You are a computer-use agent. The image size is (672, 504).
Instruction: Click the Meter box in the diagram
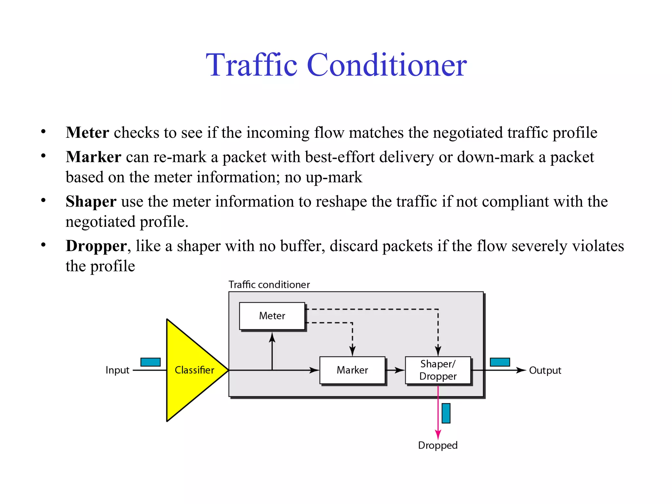pyautogui.click(x=272, y=316)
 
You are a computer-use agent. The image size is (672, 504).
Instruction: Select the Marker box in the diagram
pyautogui.click(x=352, y=370)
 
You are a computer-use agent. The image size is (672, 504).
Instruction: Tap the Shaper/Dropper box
pyautogui.click(x=438, y=370)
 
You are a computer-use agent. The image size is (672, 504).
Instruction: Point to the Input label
pyautogui.click(x=117, y=370)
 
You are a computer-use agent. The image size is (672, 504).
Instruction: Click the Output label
pyautogui.click(x=545, y=370)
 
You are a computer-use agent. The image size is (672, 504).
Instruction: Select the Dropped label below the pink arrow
pyautogui.click(x=437, y=445)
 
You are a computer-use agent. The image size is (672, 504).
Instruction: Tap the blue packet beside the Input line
pyautogui.click(x=150, y=362)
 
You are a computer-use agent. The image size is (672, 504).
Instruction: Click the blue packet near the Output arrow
pyautogui.click(x=500, y=362)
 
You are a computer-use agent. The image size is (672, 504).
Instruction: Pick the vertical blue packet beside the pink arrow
pyautogui.click(x=446, y=413)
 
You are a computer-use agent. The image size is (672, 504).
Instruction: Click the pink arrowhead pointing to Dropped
pyautogui.click(x=438, y=435)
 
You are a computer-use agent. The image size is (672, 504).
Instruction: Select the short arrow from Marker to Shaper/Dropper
pyautogui.click(x=395, y=370)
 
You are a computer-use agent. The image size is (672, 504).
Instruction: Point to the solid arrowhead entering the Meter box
pyautogui.click(x=272, y=337)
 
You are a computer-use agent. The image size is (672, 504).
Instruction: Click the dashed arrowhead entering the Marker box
pyautogui.click(x=352, y=351)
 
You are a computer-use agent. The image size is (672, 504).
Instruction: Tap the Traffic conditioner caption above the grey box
pyautogui.click(x=269, y=284)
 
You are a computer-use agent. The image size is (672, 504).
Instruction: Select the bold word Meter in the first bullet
pyautogui.click(x=87, y=133)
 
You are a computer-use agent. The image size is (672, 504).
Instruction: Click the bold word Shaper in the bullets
pyautogui.click(x=91, y=201)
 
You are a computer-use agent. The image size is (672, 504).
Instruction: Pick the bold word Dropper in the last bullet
pyautogui.click(x=96, y=246)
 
